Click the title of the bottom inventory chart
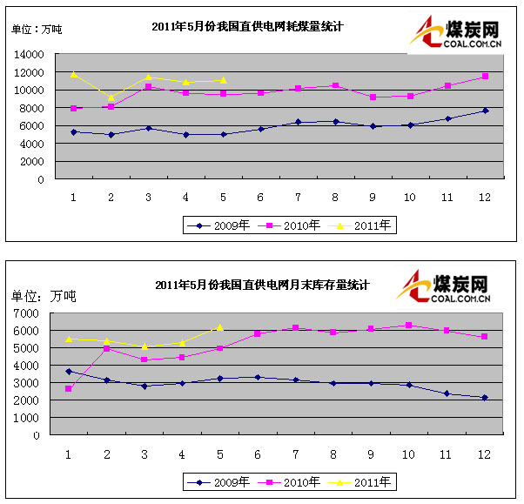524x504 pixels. click(x=262, y=285)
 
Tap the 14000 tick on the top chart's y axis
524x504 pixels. click(x=30, y=54)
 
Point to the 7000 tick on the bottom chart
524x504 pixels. click(x=39, y=312)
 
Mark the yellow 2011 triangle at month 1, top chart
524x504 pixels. click(x=74, y=74)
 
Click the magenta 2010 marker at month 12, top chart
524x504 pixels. click(x=485, y=77)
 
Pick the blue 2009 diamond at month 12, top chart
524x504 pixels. click(x=485, y=111)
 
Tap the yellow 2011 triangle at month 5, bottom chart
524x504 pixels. click(x=220, y=327)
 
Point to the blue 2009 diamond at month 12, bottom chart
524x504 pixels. click(x=485, y=398)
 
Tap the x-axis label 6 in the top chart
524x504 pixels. click(x=260, y=196)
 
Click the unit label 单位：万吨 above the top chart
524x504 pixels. click(x=36, y=29)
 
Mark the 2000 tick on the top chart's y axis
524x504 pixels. click(x=33, y=162)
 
